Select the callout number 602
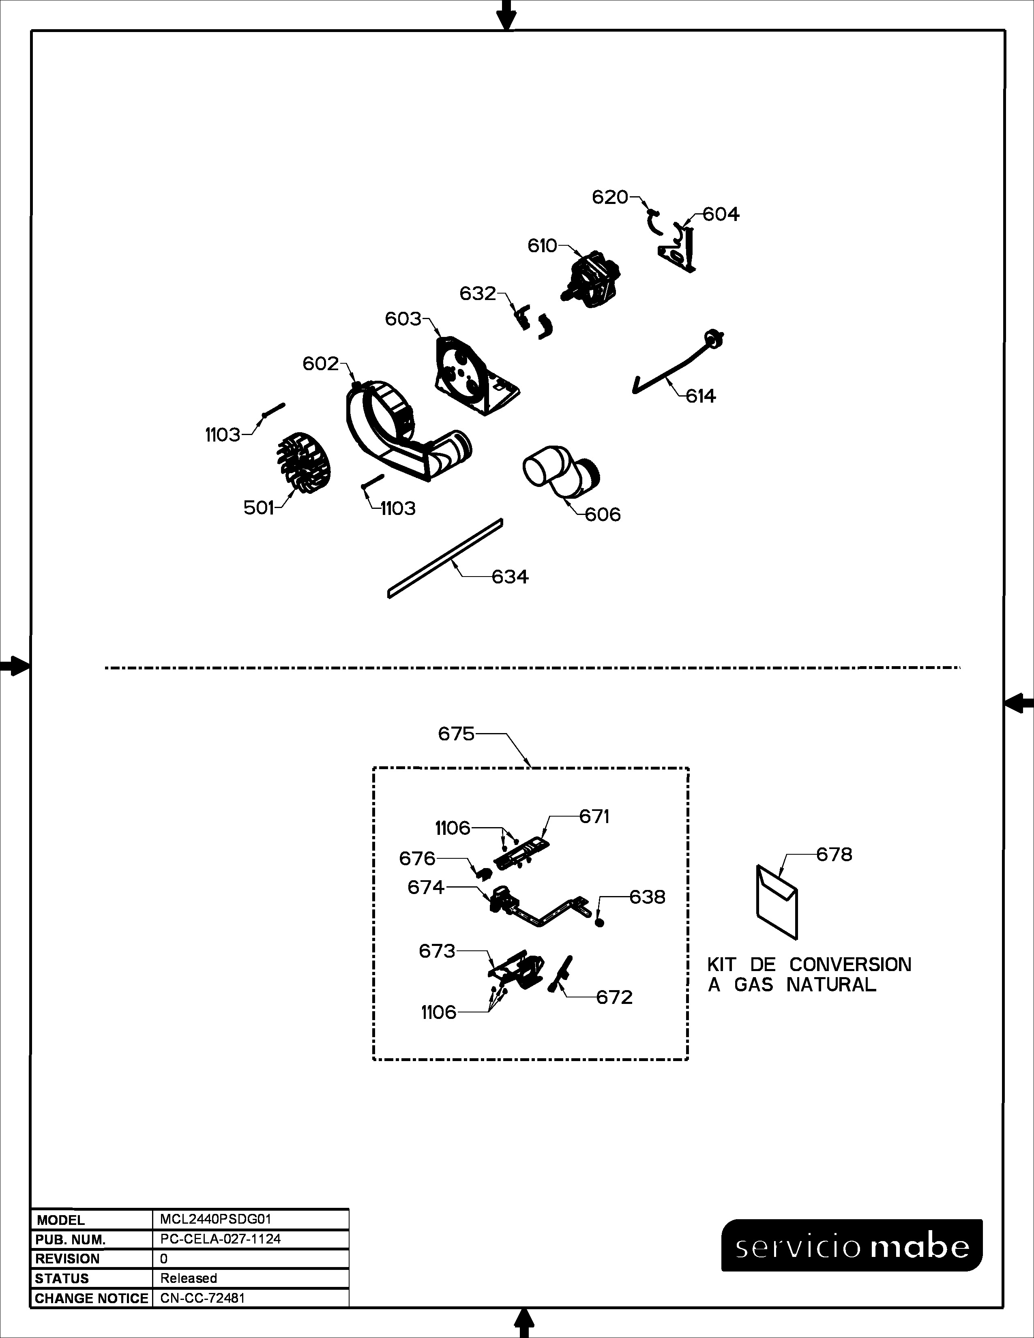coord(320,364)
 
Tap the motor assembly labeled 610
coord(590,279)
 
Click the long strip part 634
coord(445,558)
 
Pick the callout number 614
coord(701,397)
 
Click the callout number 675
coord(456,733)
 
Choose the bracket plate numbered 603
coord(475,375)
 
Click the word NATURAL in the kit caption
coord(831,985)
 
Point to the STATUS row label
coord(62,1278)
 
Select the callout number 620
coord(610,197)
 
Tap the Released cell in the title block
coord(189,1278)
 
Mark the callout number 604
coord(721,214)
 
